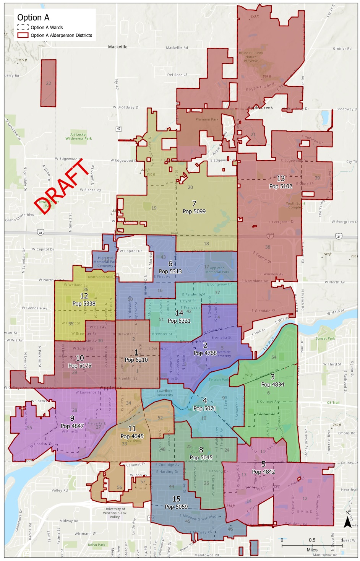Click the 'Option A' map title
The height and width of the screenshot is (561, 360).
[x=33, y=18]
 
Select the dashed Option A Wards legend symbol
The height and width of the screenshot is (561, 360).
[x=23, y=28]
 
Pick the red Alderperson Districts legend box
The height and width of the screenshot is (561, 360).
[x=23, y=35]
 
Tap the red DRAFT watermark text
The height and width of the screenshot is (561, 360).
[x=63, y=186]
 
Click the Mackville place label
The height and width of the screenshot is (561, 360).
[x=118, y=47]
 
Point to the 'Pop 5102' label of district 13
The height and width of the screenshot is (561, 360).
[x=281, y=186]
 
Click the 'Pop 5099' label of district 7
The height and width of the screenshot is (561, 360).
[x=194, y=211]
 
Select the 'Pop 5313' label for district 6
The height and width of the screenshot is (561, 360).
[x=170, y=272]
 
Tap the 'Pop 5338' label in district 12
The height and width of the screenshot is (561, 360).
[x=84, y=304]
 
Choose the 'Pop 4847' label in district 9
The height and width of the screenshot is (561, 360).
[x=72, y=426]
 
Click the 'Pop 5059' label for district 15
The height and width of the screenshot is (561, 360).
[x=176, y=507]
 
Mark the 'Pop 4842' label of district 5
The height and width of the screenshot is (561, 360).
[x=263, y=472]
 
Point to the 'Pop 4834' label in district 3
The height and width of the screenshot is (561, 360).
[x=272, y=385]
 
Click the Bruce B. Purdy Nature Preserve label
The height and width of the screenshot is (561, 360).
[x=251, y=57]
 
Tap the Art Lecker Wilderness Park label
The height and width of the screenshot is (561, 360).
[x=79, y=137]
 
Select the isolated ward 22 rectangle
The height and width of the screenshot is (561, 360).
[x=49, y=83]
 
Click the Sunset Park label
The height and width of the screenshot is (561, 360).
[x=325, y=338]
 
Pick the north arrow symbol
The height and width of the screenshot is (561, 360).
[x=347, y=521]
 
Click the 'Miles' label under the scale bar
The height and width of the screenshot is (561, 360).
[x=312, y=550]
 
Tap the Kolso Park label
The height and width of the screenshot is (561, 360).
[x=96, y=545]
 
